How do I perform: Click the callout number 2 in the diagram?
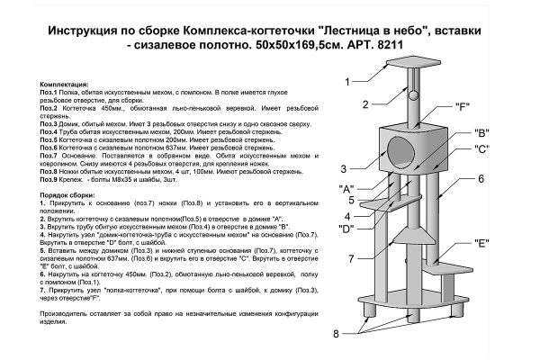tap(366, 104)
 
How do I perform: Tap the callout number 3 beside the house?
tap(344, 168)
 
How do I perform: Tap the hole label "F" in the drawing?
tap(463, 107)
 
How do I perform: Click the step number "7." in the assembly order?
tap(43, 292)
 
